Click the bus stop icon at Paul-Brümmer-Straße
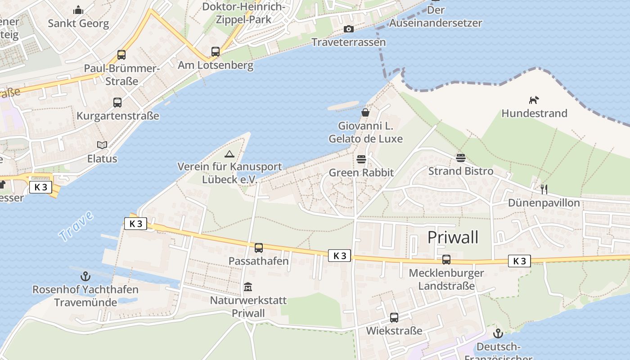tap(121, 55)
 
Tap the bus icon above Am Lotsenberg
tap(216, 52)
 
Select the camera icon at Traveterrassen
tap(348, 29)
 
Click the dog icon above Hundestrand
tap(534, 100)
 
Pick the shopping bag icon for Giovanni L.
tap(365, 112)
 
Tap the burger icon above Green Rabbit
tap(361, 159)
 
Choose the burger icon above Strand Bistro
tap(460, 158)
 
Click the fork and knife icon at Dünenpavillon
tap(544, 189)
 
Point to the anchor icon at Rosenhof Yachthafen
tap(85, 276)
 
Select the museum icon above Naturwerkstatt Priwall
tap(248, 287)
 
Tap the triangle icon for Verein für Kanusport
tap(229, 154)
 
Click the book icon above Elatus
tap(103, 145)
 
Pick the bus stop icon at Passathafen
tap(259, 247)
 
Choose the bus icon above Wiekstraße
tap(394, 318)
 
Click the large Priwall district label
tap(453, 237)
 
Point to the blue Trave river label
tap(76, 225)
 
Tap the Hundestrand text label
tap(534, 113)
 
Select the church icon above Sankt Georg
tap(78, 10)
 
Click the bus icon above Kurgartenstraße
tap(117, 103)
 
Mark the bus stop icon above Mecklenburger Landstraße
tap(446, 260)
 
